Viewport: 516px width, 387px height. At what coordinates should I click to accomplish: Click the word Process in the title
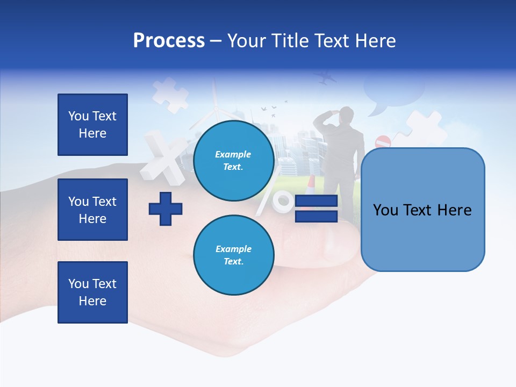click(x=169, y=41)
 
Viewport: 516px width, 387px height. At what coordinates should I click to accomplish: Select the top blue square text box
click(x=92, y=125)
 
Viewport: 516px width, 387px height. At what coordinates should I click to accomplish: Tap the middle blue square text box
click(x=92, y=210)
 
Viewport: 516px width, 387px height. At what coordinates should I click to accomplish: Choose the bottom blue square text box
click(x=92, y=292)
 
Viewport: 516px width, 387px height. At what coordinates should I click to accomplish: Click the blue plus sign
click(x=166, y=209)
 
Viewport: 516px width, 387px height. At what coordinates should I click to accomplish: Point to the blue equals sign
click(x=316, y=209)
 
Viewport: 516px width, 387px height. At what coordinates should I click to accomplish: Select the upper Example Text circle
click(x=233, y=160)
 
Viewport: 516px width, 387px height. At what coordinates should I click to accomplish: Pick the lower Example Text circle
click(x=233, y=255)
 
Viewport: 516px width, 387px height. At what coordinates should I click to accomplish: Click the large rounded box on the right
click(x=422, y=210)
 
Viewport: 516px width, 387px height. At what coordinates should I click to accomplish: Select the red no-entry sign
click(x=383, y=142)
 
